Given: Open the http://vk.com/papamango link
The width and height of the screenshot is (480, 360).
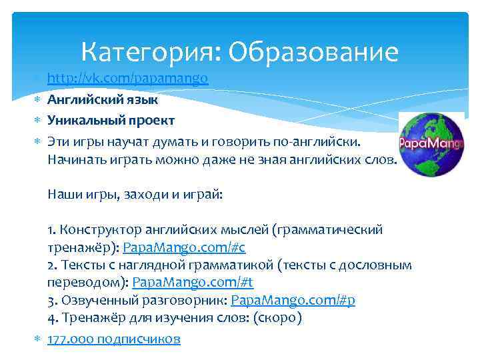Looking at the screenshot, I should [x=127, y=79].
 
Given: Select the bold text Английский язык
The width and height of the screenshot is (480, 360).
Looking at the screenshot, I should [x=102, y=100].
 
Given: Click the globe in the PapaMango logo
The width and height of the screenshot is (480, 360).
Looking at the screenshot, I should [x=431, y=143].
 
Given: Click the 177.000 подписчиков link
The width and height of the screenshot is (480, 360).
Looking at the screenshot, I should [x=113, y=339].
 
